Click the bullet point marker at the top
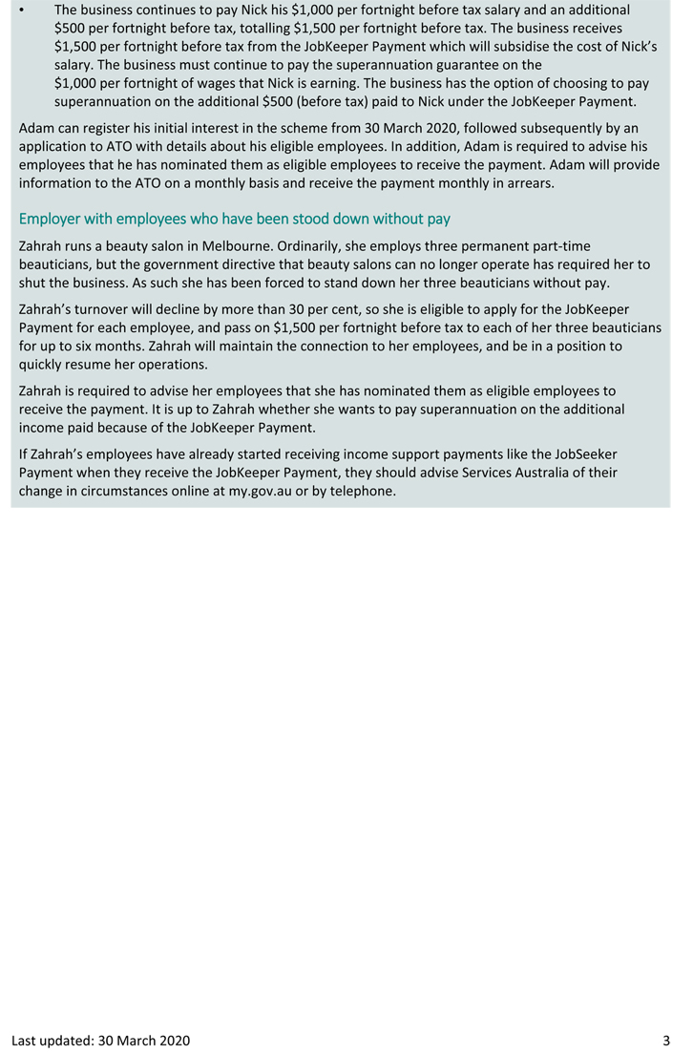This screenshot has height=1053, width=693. pyautogui.click(x=22, y=10)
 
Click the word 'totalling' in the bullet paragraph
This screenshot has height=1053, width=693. pyautogui.click(x=266, y=28)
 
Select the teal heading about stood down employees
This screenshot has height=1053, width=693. pyautogui.click(x=235, y=219)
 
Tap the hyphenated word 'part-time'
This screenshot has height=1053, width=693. pyautogui.click(x=560, y=246)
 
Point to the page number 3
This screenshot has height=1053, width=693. pyautogui.click(x=666, y=1040)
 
